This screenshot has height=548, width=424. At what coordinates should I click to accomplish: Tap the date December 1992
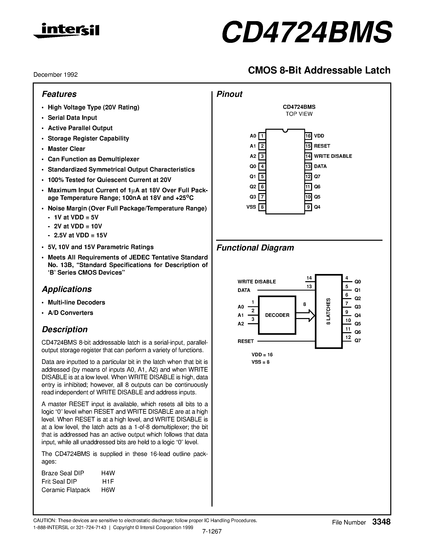[x=55, y=75]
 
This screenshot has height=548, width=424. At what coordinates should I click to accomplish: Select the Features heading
[x=59, y=94]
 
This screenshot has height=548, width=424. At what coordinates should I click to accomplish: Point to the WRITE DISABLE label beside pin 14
[x=333, y=156]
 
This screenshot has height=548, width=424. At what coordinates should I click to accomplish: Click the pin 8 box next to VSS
[x=262, y=207]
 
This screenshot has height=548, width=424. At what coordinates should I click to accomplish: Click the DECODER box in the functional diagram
[x=277, y=315]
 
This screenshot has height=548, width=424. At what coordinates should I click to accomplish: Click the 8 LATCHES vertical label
[x=328, y=312]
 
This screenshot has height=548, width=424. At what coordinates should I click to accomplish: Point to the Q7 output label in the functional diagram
[x=357, y=341]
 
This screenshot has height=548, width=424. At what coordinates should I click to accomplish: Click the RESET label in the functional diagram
[x=246, y=341]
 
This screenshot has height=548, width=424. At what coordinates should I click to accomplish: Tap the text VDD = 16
[x=262, y=355]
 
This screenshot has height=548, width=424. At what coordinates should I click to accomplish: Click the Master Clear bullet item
[x=66, y=149]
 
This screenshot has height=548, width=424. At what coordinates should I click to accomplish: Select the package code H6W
[x=108, y=490]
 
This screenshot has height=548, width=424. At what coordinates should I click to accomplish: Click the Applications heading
[x=67, y=289]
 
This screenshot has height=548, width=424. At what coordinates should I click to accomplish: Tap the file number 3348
[x=381, y=522]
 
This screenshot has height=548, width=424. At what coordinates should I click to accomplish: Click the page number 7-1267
[x=212, y=531]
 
